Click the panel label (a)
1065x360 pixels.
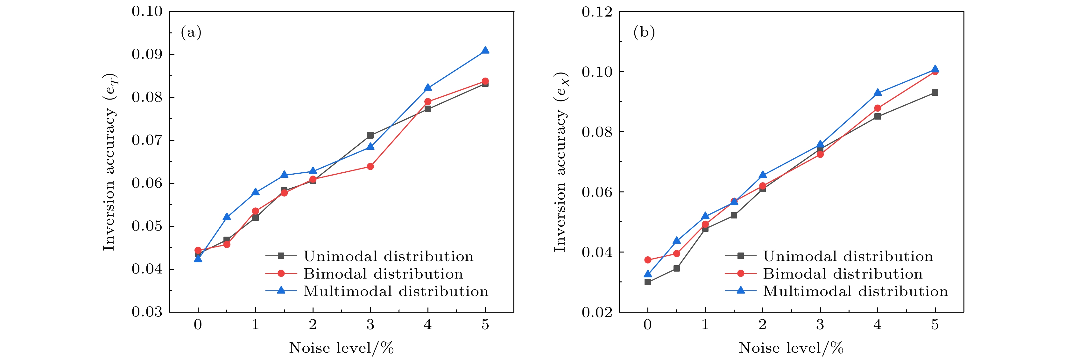pyautogui.click(x=191, y=32)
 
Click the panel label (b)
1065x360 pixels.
pyautogui.click(x=644, y=32)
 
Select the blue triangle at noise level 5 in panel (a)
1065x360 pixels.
pyautogui.click(x=485, y=51)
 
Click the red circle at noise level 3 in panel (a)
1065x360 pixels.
pyautogui.click(x=370, y=167)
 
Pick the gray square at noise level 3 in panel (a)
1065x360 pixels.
pyautogui.click(x=370, y=135)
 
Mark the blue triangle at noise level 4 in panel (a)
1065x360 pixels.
pyautogui.click(x=427, y=88)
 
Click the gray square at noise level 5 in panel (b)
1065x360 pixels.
pyautogui.click(x=935, y=93)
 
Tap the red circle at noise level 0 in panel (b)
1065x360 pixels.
pyautogui.click(x=648, y=260)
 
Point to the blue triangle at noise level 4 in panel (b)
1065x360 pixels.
pyautogui.click(x=877, y=93)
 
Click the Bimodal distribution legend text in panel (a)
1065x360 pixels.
pyautogui.click(x=383, y=273)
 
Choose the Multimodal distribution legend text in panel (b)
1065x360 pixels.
pyautogui.click(x=855, y=291)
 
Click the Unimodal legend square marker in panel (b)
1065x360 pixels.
pyautogui.click(x=740, y=256)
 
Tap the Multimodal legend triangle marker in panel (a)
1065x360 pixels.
pyautogui.click(x=281, y=291)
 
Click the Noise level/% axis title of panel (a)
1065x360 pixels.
pyautogui.click(x=341, y=348)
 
